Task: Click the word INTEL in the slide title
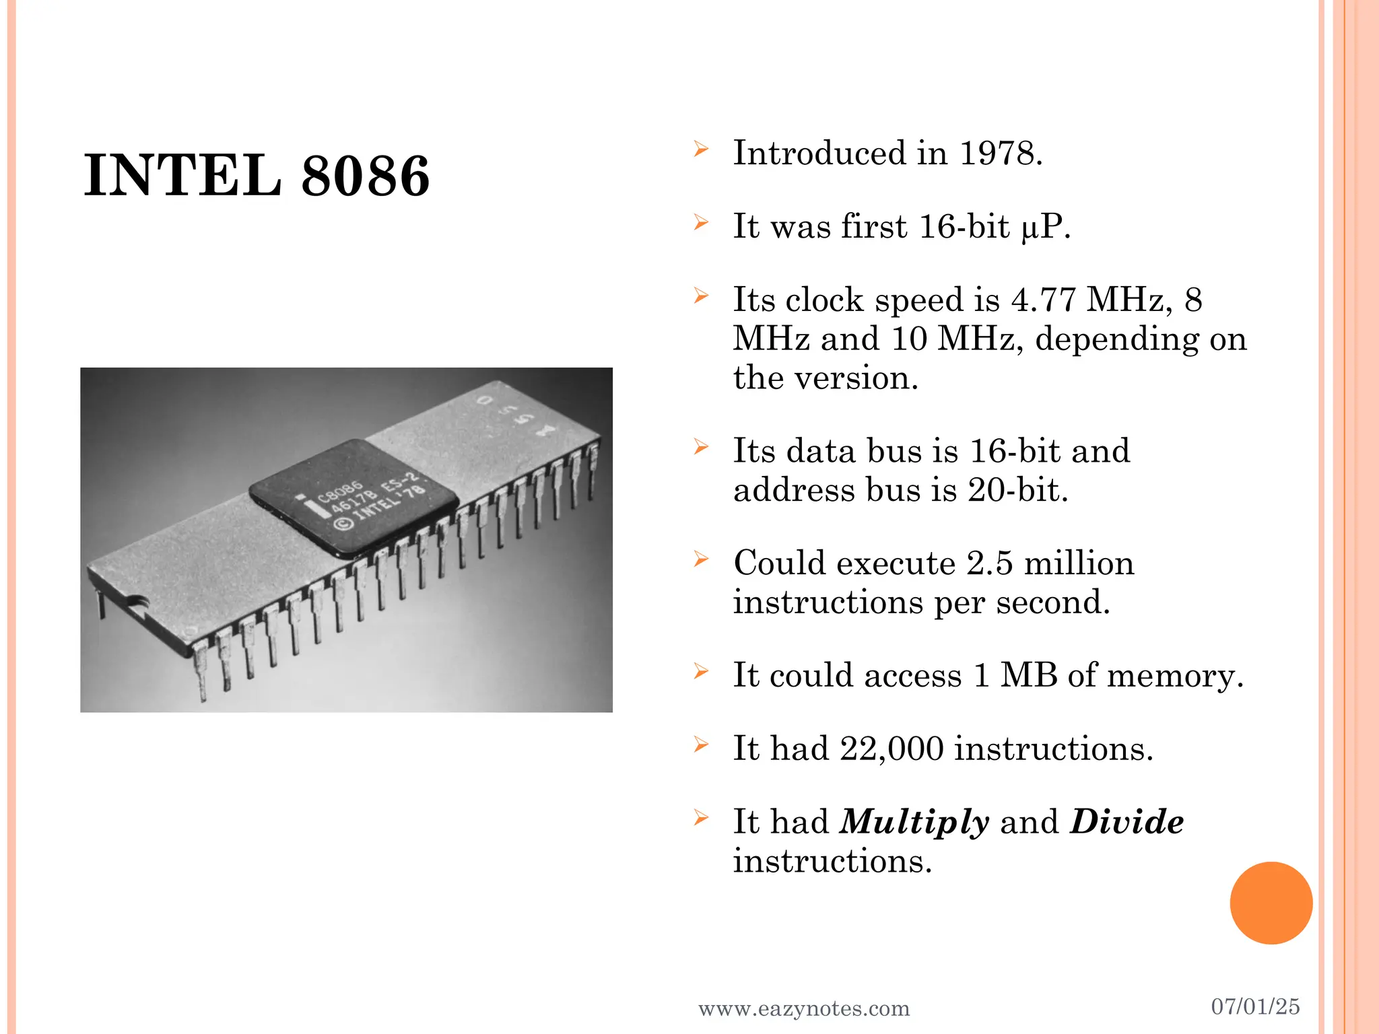tap(182, 176)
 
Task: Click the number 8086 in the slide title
tap(365, 176)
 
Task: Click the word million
tap(1079, 563)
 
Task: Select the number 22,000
tap(892, 749)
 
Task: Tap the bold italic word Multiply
tap(914, 823)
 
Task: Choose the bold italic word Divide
tap(1126, 821)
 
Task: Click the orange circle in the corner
tap(1271, 903)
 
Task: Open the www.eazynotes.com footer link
tap(804, 1008)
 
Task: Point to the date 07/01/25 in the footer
tap(1255, 1006)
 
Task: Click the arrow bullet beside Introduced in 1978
tap(701, 149)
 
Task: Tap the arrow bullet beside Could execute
tap(701, 559)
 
